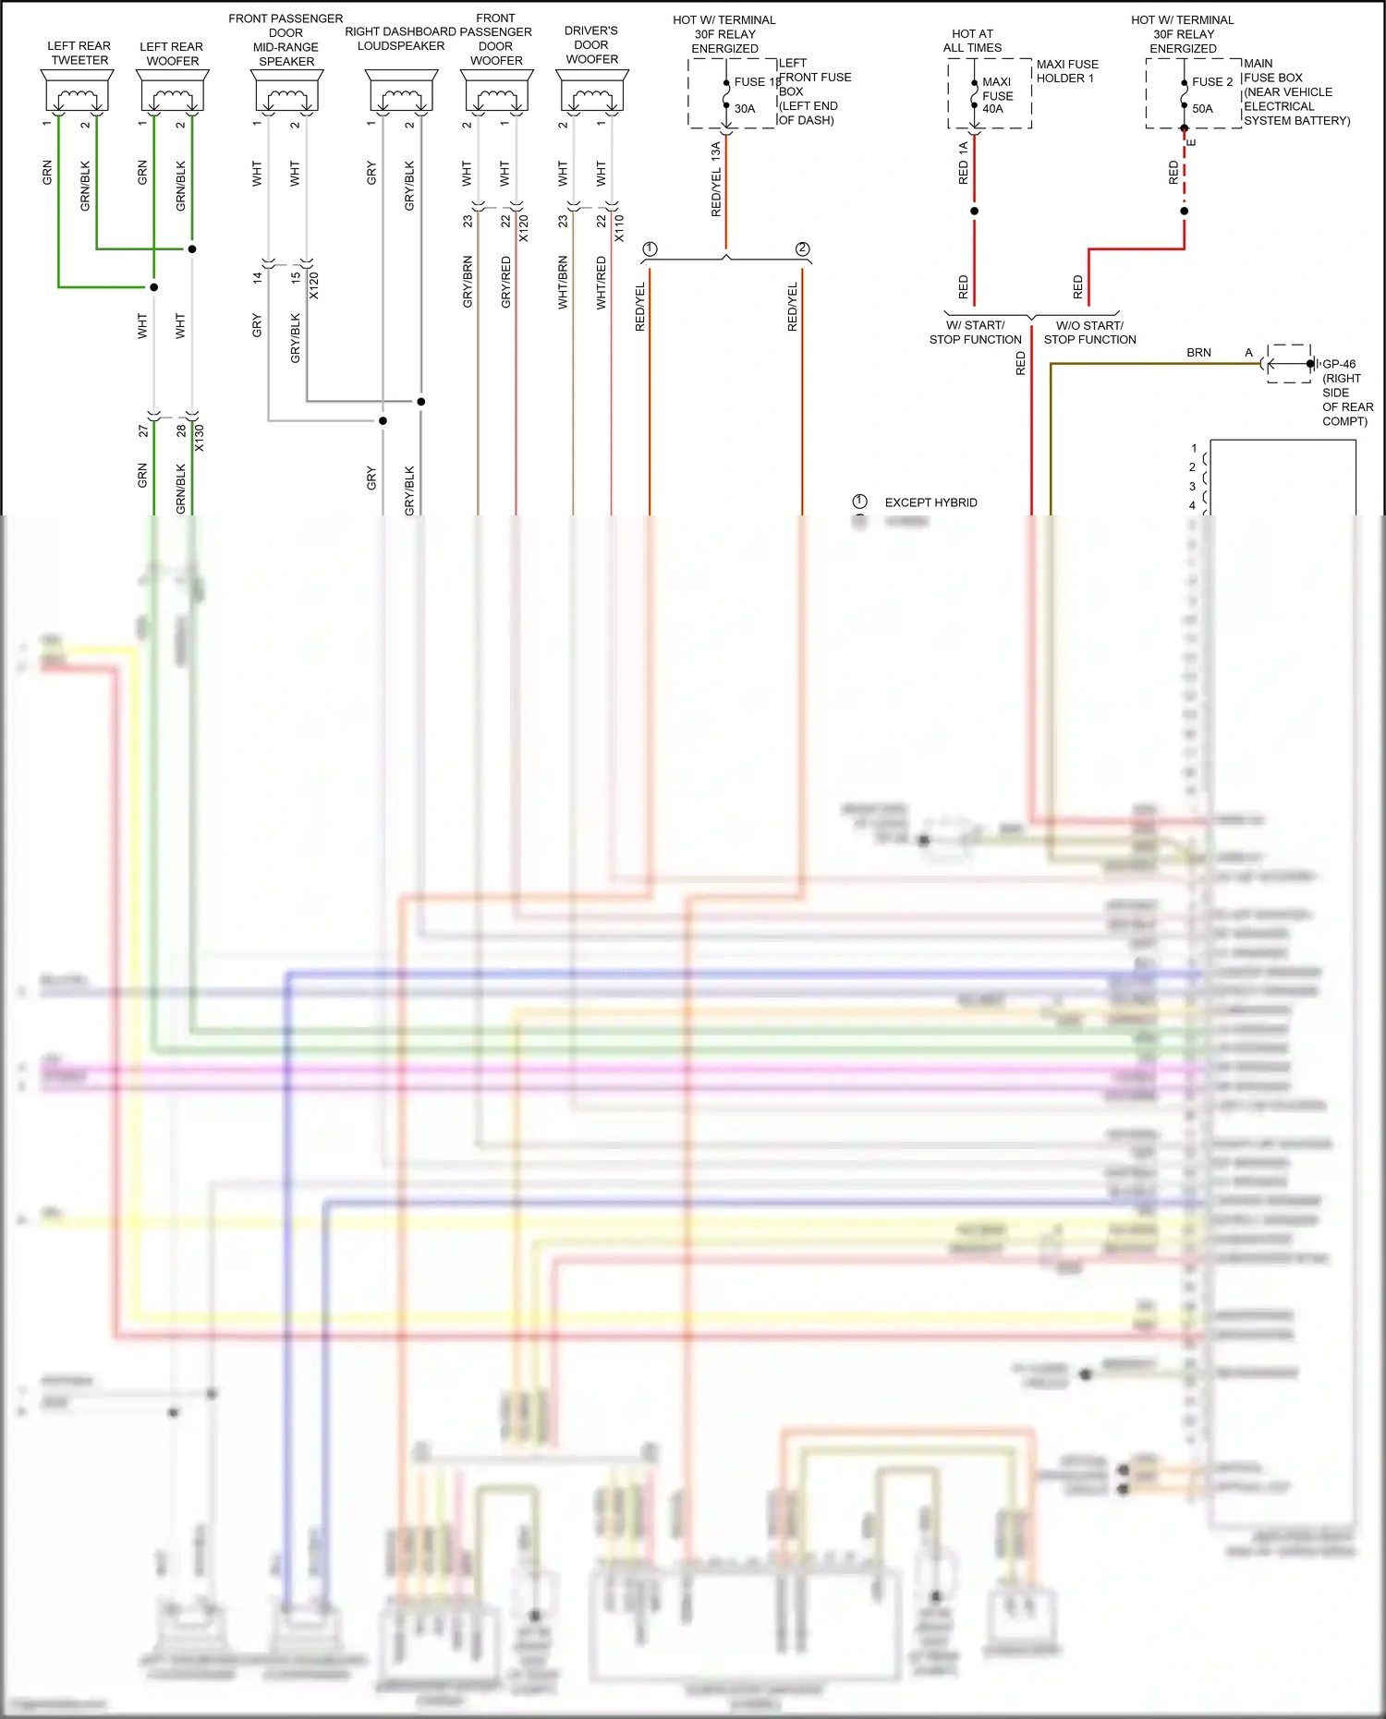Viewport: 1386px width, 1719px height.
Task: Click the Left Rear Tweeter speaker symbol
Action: coord(78,93)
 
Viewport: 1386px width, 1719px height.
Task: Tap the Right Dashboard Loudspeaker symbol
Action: coord(401,93)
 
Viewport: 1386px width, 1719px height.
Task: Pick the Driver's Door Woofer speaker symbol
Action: coord(591,93)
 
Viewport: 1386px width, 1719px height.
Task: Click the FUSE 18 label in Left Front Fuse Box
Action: coord(757,82)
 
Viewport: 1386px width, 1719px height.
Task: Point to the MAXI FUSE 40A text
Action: coord(996,95)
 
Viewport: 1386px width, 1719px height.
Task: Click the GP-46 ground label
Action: coord(1339,364)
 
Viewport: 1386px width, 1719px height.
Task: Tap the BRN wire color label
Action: coord(1198,353)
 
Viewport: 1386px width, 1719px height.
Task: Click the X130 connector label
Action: coord(200,438)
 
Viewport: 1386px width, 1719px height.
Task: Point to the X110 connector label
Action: coord(619,228)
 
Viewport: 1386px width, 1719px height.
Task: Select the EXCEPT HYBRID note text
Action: coord(930,502)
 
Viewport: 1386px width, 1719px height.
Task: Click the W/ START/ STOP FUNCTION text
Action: coord(975,333)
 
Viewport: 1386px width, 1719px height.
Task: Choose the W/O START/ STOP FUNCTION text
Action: coord(1089,333)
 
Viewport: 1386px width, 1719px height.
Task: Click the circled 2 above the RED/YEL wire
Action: coord(802,249)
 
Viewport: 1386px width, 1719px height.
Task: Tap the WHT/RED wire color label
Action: coord(602,283)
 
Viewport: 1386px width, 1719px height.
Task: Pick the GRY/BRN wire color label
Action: coord(468,282)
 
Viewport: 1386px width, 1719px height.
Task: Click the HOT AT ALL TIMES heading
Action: coord(972,41)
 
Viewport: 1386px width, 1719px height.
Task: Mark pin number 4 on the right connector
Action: coord(1192,505)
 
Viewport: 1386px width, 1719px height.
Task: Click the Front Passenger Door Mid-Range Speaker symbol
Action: coord(286,93)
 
